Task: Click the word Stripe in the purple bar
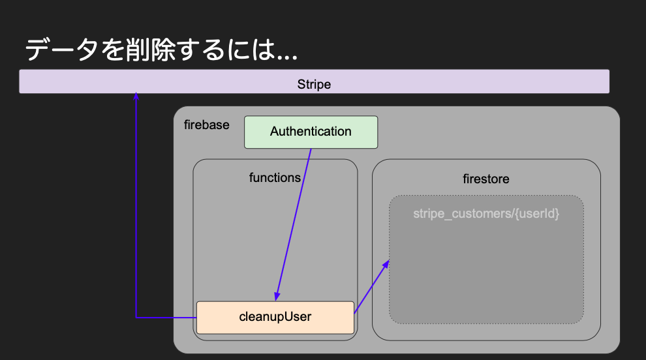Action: [314, 84]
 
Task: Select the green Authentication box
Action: [311, 132]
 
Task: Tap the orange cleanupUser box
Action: [275, 317]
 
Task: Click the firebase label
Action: [207, 125]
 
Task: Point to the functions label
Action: [275, 177]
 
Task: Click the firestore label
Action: [485, 179]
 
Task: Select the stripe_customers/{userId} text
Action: [486, 213]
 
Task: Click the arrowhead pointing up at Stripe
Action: [136, 97]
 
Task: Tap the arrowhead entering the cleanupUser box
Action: [277, 296]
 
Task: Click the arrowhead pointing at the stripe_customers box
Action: [386, 264]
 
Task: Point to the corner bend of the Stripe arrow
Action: [136, 317]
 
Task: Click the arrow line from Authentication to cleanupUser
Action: [294, 222]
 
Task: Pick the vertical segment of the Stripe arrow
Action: [136, 209]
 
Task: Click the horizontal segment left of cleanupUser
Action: [166, 317]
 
